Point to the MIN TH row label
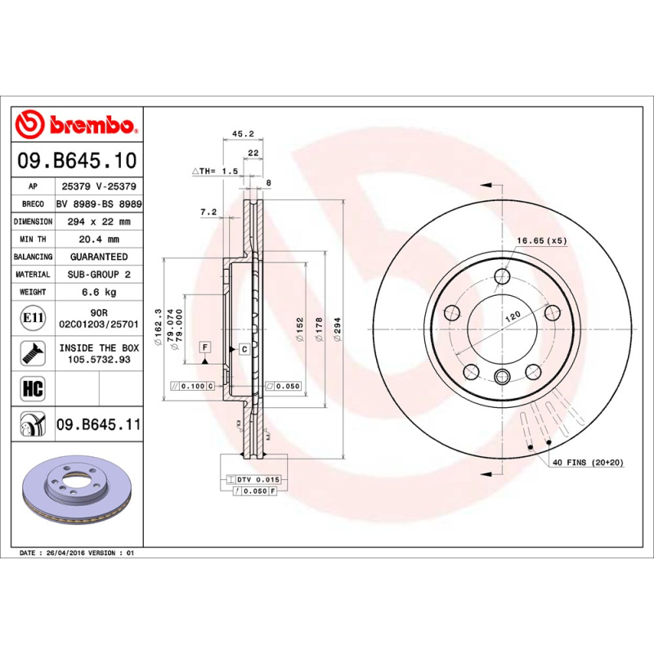point(34,240)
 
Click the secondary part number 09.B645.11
point(98,424)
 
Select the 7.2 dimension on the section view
point(208,213)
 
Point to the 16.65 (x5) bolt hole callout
point(540,241)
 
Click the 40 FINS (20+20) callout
point(588,463)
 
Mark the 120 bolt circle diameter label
point(513,316)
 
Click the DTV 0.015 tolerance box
point(258,479)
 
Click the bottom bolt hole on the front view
point(502,377)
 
